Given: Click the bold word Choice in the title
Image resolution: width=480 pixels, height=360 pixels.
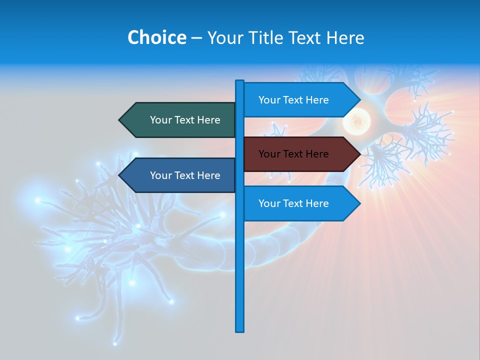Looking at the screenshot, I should click(x=156, y=37).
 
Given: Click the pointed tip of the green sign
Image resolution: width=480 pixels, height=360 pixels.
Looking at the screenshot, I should click(x=120, y=120).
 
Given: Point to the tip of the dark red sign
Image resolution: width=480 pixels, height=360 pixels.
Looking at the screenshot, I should click(x=359, y=154).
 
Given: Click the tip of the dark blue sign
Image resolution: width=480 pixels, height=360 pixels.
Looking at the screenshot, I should click(x=120, y=175).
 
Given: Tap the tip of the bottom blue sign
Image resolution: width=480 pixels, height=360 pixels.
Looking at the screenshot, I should click(x=359, y=203).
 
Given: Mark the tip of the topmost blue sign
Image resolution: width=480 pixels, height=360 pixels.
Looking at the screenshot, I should click(x=359, y=100).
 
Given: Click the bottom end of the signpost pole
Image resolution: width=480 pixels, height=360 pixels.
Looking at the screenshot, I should click(x=240, y=330).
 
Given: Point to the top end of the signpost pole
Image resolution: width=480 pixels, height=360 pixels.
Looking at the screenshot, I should click(x=240, y=81).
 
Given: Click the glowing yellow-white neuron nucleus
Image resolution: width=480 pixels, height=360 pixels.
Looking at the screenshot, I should click(x=356, y=120).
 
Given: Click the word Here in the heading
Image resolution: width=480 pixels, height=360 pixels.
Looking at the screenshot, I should click(x=345, y=37).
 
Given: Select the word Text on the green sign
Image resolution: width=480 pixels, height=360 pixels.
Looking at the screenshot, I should click(x=185, y=120).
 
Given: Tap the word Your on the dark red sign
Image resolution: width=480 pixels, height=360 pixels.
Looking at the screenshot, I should click(x=268, y=154).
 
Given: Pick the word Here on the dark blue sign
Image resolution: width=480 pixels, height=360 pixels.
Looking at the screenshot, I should click(x=208, y=175).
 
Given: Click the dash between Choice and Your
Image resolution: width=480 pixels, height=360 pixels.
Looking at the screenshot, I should click(x=196, y=38).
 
